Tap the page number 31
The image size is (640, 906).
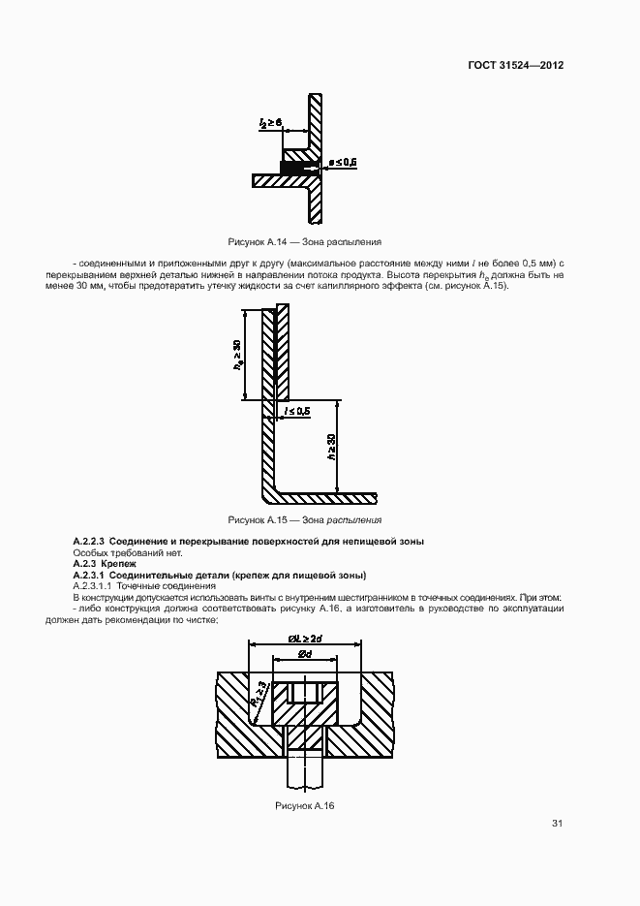557,824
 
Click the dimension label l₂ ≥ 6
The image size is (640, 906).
270,123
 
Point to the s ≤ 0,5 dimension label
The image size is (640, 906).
343,161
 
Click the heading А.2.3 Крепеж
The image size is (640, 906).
105,563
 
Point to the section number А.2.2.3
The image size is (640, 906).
89,540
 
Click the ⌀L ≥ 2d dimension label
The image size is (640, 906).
305,638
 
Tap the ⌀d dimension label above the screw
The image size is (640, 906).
304,656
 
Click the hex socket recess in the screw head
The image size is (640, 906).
304,694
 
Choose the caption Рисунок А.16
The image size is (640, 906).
304,805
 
